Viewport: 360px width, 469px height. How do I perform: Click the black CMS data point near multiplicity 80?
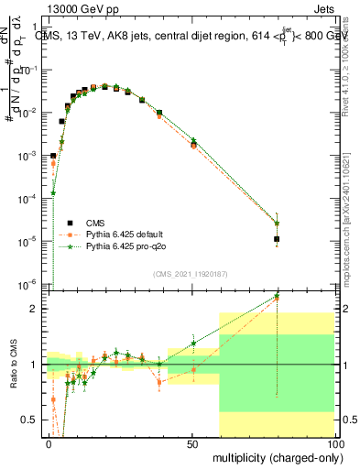pyautogui.click(x=277, y=239)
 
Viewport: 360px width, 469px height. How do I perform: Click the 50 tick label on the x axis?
pyautogui.click(x=191, y=443)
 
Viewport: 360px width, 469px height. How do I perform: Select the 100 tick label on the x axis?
pyautogui.click(x=334, y=443)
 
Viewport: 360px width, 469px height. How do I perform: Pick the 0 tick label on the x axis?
pyautogui.click(x=49, y=443)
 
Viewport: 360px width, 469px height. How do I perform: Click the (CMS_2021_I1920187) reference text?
pyautogui.click(x=191, y=274)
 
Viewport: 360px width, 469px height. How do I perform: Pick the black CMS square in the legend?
pyautogui.click(x=71, y=223)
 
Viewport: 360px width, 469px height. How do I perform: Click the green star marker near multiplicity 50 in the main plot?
pyautogui.click(x=193, y=140)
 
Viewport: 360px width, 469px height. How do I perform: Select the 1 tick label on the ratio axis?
pyautogui.click(x=37, y=365)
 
